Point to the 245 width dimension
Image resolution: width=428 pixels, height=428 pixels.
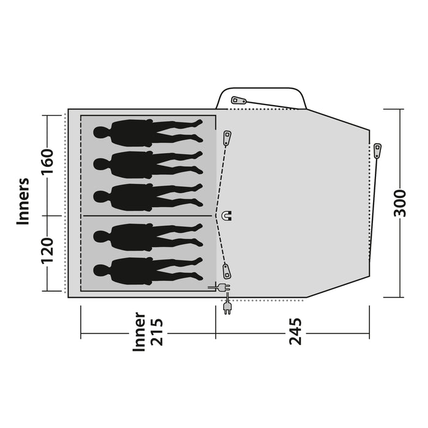[295, 331]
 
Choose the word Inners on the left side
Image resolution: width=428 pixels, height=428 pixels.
[23, 202]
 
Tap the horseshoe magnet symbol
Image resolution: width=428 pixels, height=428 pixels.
[227, 215]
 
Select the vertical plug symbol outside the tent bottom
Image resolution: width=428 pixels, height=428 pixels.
[227, 308]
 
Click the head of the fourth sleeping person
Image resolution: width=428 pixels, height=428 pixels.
[101, 236]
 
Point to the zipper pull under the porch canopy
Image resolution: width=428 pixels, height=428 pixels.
[238, 100]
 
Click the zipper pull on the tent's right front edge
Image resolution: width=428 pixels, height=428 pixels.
[377, 150]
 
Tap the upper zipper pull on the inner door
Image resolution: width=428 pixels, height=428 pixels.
[227, 138]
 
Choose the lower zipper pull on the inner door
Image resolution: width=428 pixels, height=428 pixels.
[227, 271]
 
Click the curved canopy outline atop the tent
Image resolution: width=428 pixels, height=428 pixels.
[262, 89]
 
